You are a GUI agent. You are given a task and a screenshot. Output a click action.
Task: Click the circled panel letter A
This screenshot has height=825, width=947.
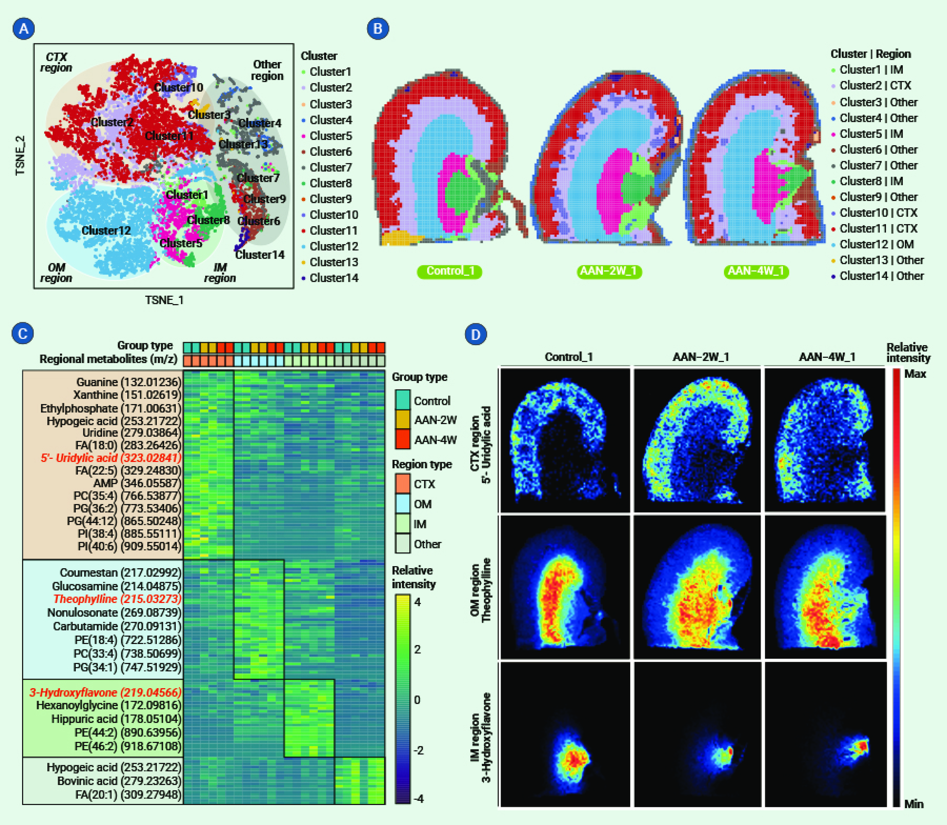coord(24,29)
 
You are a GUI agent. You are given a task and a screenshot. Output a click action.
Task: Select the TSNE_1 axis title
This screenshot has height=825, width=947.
coord(164,300)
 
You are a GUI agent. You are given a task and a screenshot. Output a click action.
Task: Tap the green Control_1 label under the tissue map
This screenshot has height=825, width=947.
coord(450,271)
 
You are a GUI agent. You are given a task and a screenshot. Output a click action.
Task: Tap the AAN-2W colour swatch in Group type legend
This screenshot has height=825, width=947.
coord(403,420)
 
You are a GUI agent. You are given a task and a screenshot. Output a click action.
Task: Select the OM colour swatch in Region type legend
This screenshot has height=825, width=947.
coord(403,504)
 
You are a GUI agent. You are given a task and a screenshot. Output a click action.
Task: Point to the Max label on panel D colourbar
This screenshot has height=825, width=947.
coord(915,374)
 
